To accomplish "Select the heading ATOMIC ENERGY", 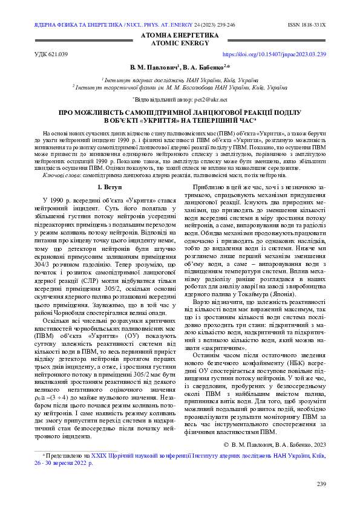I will pyautogui.click(x=180, y=44).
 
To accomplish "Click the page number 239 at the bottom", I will pyautogui.click(x=321, y=484).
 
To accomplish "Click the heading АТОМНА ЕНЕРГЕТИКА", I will pyautogui.click(x=180, y=36).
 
